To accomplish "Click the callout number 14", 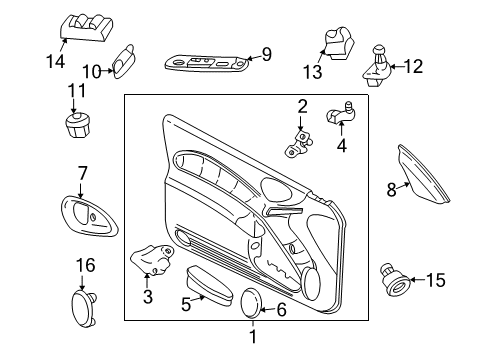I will tap(55, 61).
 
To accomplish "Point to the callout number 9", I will tap(266, 55).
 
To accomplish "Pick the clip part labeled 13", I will tap(337, 42).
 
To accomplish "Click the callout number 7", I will tap(82, 172).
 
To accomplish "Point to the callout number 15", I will tap(434, 279).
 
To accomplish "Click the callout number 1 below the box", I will tap(252, 336).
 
